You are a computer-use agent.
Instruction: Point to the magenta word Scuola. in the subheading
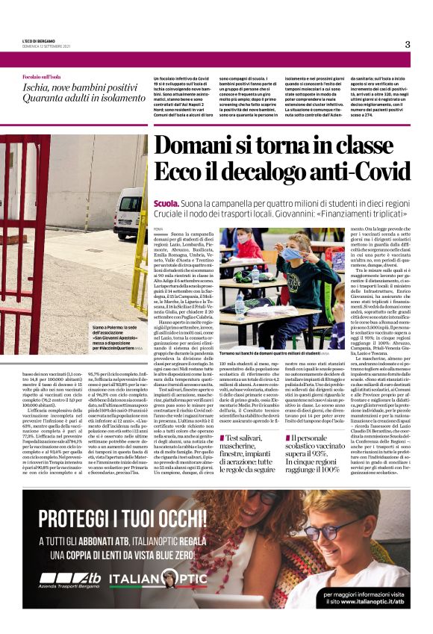[165, 202]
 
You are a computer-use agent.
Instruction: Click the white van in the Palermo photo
[129, 213]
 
